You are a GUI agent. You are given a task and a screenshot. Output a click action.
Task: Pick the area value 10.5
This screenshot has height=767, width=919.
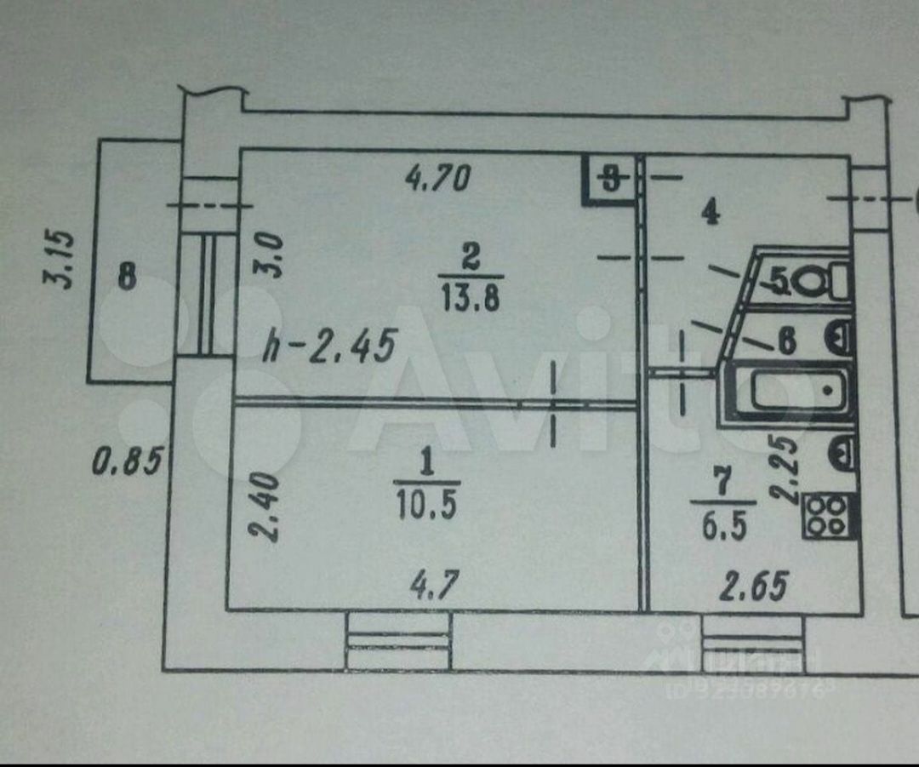425,507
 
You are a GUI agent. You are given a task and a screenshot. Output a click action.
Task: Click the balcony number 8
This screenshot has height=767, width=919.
127,278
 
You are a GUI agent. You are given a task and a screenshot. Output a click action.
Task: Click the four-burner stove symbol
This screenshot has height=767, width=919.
827,515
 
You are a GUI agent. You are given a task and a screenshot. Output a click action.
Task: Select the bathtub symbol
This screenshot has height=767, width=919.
791,392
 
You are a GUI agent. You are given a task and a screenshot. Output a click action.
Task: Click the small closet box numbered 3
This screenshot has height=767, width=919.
610,179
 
